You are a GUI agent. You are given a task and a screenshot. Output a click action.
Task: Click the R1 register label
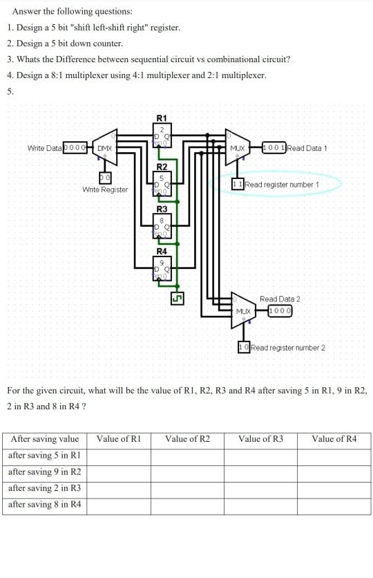point(162,118)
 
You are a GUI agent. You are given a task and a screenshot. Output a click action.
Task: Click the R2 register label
point(162,167)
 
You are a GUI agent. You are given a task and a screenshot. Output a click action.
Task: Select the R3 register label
point(162,209)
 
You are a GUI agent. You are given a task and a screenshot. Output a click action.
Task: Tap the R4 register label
point(162,251)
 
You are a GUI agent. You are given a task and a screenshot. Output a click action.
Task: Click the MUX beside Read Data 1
point(237,148)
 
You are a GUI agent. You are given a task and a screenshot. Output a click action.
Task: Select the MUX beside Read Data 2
point(242,311)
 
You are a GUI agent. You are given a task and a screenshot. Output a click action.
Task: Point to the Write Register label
point(105,189)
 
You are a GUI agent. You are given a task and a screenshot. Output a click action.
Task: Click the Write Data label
point(44,148)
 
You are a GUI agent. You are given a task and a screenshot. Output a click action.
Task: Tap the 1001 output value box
point(274,148)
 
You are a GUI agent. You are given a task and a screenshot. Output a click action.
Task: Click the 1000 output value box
point(280,311)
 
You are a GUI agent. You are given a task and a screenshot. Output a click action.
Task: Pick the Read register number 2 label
point(287,347)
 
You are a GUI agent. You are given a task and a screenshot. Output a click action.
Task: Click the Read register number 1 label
point(282,185)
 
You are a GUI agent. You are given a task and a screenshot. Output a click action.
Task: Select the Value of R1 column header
point(119,439)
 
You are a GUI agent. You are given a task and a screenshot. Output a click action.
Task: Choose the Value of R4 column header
point(334,439)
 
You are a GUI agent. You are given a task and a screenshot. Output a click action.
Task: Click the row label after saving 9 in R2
point(45,472)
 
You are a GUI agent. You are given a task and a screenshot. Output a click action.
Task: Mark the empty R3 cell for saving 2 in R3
point(260,489)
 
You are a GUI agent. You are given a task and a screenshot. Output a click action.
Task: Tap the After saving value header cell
point(45,439)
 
